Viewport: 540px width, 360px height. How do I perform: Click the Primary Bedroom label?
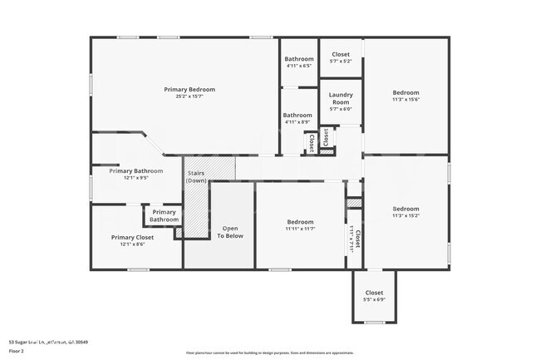click(189, 89)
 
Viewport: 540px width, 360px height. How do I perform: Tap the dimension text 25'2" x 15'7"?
click(189, 96)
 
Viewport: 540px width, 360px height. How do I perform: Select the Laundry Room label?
click(341, 98)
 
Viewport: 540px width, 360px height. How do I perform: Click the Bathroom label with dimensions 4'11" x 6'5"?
click(298, 59)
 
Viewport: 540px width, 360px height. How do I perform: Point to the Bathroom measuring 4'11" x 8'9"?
click(297, 116)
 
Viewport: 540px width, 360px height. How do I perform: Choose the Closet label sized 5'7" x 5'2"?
click(341, 54)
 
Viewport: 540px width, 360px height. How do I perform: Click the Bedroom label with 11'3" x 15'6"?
click(405, 92)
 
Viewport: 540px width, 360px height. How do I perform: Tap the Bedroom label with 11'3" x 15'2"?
click(405, 209)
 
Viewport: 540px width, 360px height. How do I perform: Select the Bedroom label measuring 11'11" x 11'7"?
click(300, 222)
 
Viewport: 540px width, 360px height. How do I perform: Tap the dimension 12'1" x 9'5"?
click(135, 177)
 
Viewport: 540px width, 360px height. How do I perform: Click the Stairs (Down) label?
click(196, 176)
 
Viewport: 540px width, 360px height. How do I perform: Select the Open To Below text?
click(230, 231)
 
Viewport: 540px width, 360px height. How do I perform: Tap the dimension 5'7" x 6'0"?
click(341, 109)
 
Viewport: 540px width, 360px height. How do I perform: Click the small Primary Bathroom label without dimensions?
click(164, 215)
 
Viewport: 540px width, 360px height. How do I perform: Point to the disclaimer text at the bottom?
click(269, 353)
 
